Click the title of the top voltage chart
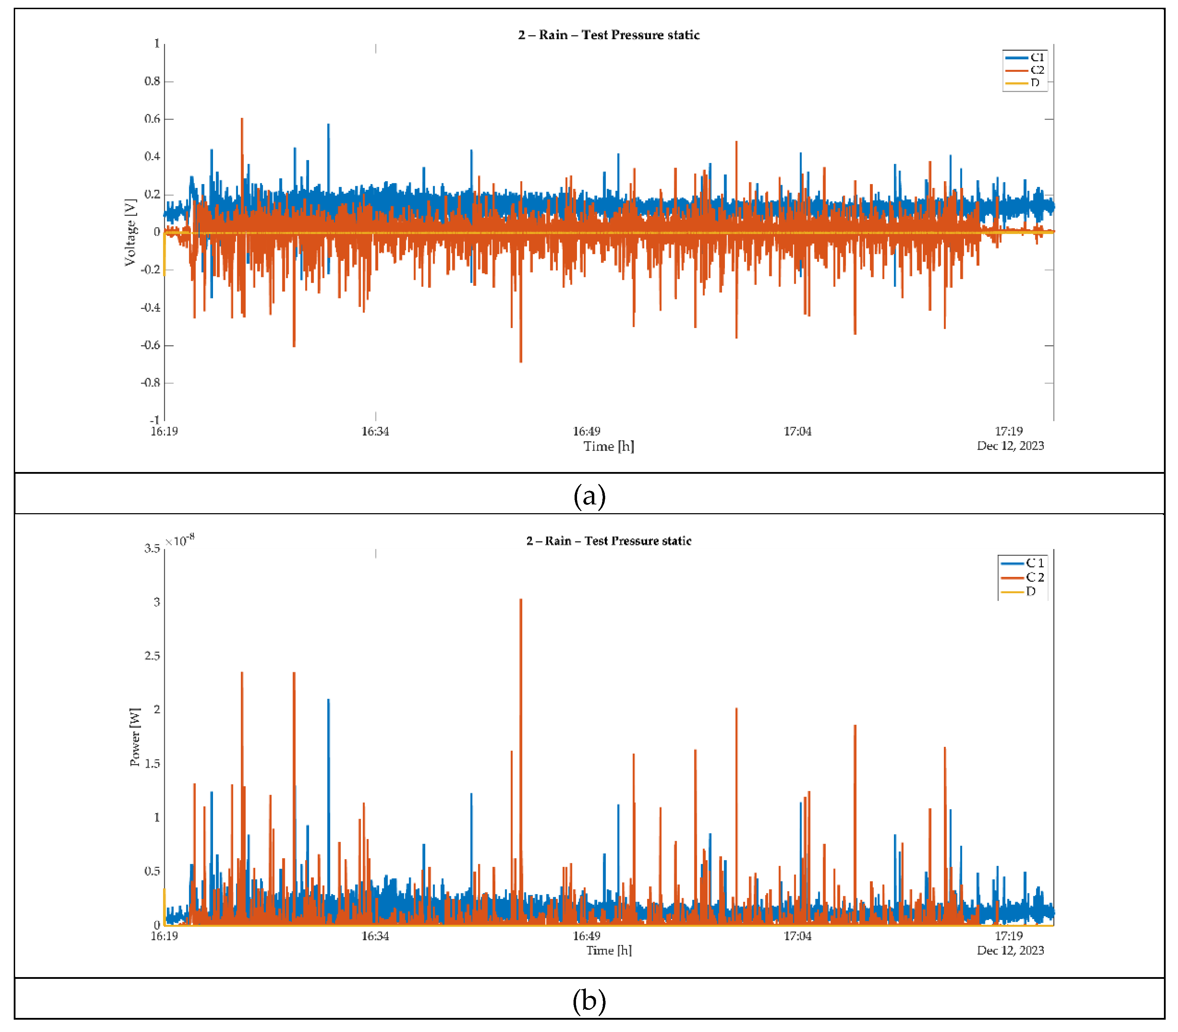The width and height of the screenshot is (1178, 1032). tap(608, 35)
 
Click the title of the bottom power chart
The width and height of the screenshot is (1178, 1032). tap(608, 541)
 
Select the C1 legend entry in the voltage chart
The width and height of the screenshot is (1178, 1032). tap(1036, 58)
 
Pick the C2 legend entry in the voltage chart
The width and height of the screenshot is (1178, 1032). tap(1036, 70)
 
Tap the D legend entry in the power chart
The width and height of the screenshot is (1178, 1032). tap(1030, 591)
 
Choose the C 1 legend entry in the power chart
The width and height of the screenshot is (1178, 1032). tap(1034, 563)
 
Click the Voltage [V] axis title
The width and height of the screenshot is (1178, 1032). tap(131, 233)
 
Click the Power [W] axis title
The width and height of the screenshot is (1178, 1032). tap(135, 737)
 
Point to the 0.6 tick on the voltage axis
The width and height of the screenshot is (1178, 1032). tap(152, 119)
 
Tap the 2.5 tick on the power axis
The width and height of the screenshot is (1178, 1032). tap(152, 656)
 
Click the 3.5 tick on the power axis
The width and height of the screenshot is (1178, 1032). tap(152, 548)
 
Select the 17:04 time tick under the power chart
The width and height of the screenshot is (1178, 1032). tap(797, 936)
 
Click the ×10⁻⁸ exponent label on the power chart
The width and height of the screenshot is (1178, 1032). tap(180, 541)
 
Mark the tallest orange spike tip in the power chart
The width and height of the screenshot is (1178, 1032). tap(521, 600)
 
